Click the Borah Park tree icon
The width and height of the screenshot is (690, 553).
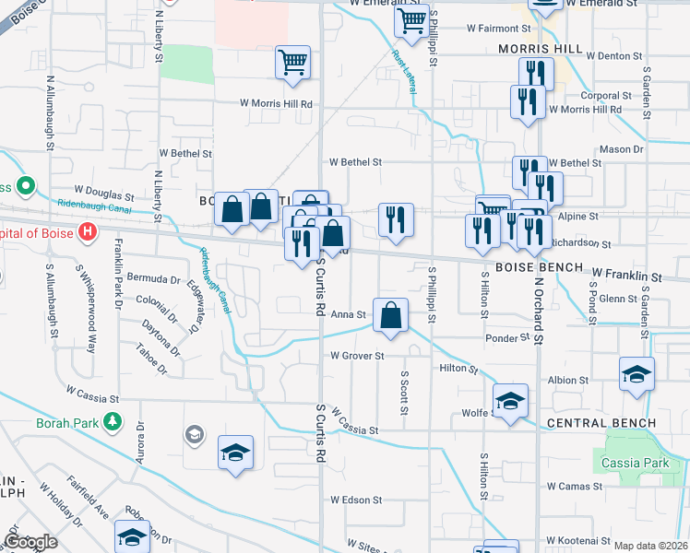point(113,422)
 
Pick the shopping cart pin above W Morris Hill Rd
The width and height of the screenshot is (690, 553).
point(292,63)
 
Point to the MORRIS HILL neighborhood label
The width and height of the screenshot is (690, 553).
point(536,49)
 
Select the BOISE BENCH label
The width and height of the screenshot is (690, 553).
point(539,267)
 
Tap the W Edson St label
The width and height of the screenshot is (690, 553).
point(355,500)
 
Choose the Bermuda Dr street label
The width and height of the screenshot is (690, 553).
point(153,278)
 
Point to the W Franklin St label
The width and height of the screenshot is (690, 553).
point(627,275)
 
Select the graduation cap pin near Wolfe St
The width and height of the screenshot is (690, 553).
point(510,400)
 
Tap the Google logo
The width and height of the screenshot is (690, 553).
point(30,542)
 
